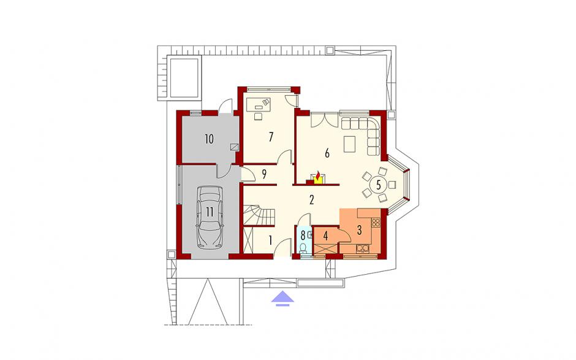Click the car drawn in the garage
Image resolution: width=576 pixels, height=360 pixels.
coord(210,217)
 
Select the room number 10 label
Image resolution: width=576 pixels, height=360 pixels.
coord(209,139)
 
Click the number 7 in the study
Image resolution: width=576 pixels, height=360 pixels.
coord(271,137)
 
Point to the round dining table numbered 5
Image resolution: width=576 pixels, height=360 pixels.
coord(379,184)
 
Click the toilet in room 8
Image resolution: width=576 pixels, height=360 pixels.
coord(303,248)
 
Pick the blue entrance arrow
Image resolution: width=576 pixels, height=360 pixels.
coord(282,298)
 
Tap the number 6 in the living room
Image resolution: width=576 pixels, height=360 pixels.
coord(327,153)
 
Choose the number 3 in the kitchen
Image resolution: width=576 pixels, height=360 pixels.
coord(359,230)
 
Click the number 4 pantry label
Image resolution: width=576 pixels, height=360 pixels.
coord(325,236)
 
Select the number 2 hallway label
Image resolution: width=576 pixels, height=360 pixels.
coord(311,200)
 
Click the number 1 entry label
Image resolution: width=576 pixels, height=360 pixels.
coord(270,240)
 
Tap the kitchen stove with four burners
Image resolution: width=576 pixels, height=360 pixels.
coord(376,223)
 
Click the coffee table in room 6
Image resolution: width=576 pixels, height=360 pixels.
coord(350,144)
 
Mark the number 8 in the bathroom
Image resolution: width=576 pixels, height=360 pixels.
coord(303,234)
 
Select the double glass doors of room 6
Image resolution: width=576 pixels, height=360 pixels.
coord(324,120)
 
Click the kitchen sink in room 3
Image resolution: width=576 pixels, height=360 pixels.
coord(363,249)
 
